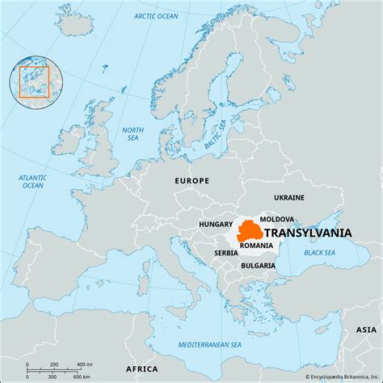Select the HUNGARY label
[x=217, y=224]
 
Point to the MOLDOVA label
[x=276, y=219]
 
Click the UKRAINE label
[x=288, y=197]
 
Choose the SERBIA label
[x=226, y=252]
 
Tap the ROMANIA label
[x=256, y=245]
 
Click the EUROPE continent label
[x=191, y=181]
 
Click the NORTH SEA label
[x=133, y=134]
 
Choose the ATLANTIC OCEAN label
[x=32, y=181]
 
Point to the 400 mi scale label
[x=82, y=364]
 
